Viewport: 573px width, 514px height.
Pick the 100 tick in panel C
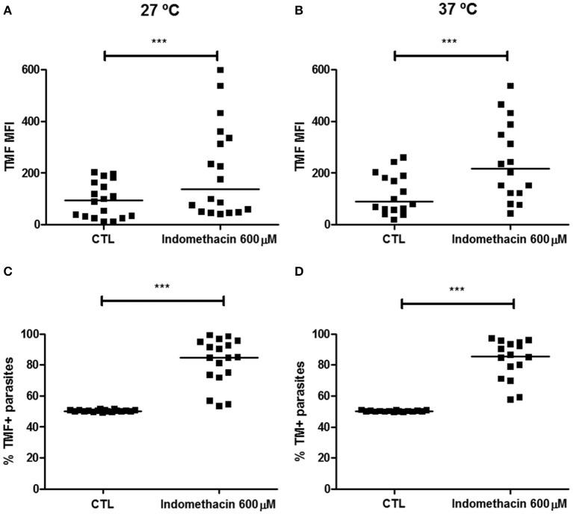click(x=30, y=334)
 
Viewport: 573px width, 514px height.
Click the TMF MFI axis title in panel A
click(x=10, y=147)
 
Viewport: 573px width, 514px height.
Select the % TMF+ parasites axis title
click(x=10, y=411)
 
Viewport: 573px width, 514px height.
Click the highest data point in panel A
click(x=220, y=70)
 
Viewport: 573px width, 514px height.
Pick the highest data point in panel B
click(x=511, y=86)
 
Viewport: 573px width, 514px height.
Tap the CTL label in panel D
click(x=400, y=503)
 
